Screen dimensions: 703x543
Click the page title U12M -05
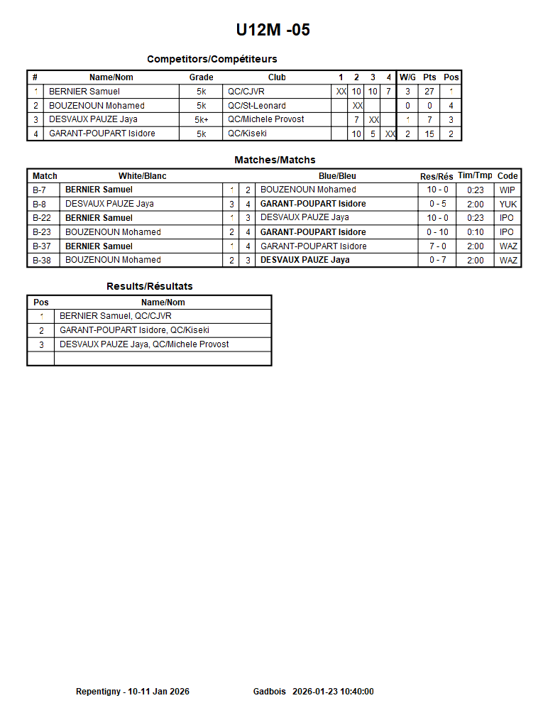click(x=273, y=30)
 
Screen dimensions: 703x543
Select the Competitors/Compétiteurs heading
click(x=212, y=59)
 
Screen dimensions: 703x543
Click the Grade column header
click(x=201, y=77)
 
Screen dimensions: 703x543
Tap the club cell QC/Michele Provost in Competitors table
click(x=266, y=119)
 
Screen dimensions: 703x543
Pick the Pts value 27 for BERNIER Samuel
click(x=429, y=92)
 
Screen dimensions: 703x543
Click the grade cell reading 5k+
click(x=201, y=120)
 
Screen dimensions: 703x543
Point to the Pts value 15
click(x=429, y=133)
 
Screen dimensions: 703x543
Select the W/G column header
click(x=407, y=77)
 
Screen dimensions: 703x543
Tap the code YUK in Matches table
click(x=508, y=204)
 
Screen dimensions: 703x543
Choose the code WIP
click(x=508, y=190)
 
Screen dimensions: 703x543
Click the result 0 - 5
click(x=437, y=204)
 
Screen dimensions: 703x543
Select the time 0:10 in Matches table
click(x=475, y=232)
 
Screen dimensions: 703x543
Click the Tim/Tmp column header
click(x=475, y=175)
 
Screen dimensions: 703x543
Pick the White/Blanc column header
click(x=142, y=176)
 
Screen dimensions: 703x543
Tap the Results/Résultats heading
click(x=149, y=286)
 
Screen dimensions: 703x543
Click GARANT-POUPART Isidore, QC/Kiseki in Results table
click(x=134, y=330)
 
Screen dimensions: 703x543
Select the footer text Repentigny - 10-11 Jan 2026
click(x=133, y=692)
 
